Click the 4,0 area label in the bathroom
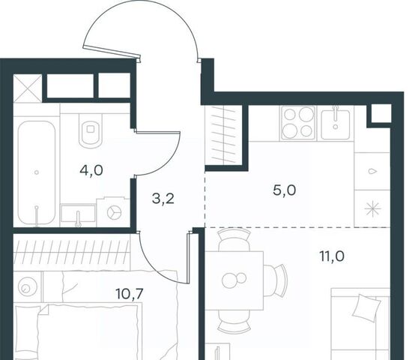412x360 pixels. (x=91, y=170)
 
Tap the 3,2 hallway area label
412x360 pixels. (x=163, y=199)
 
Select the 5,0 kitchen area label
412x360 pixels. (x=285, y=190)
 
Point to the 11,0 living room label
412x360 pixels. (x=332, y=256)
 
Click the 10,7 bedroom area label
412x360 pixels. (x=130, y=293)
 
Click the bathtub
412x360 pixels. (x=37, y=173)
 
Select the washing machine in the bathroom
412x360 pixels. (x=114, y=211)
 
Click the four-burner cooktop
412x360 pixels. (x=298, y=123)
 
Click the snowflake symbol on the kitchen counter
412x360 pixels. (x=373, y=209)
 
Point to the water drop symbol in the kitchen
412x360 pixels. (x=372, y=171)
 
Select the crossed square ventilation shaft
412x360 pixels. (x=28, y=88)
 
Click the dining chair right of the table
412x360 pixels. (x=275, y=280)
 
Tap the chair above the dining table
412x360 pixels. (x=234, y=239)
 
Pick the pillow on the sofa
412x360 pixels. (x=367, y=308)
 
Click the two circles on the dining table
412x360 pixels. (x=234, y=279)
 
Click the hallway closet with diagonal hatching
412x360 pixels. (x=223, y=135)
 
